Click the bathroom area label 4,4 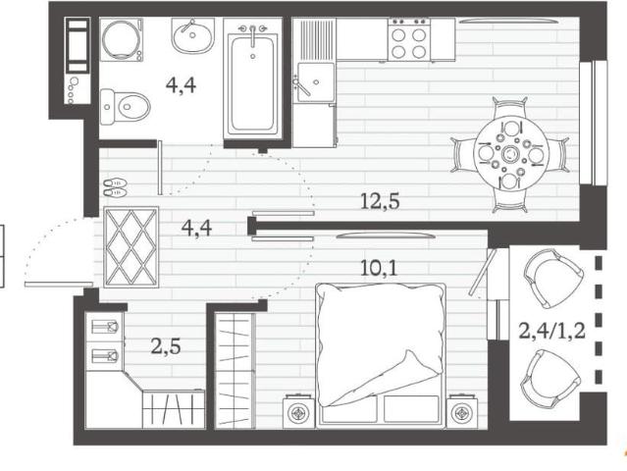(182, 85)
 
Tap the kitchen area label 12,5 (380, 201)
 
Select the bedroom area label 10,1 (379, 268)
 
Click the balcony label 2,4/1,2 (551, 331)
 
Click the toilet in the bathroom (126, 107)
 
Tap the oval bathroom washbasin (193, 35)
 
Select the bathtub (253, 85)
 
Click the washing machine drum (121, 39)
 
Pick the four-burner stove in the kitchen (408, 39)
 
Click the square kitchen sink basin (316, 82)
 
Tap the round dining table (510, 154)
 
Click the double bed (381, 355)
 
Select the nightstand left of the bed (297, 412)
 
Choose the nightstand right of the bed (462, 412)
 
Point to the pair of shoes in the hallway (115, 188)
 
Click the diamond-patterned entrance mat (131, 247)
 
